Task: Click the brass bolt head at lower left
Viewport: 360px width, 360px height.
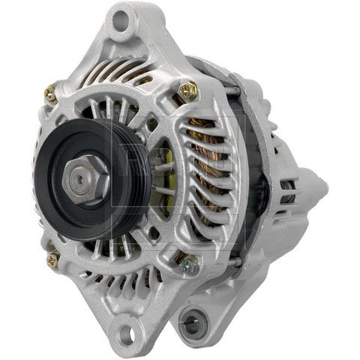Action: (x=52, y=262)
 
